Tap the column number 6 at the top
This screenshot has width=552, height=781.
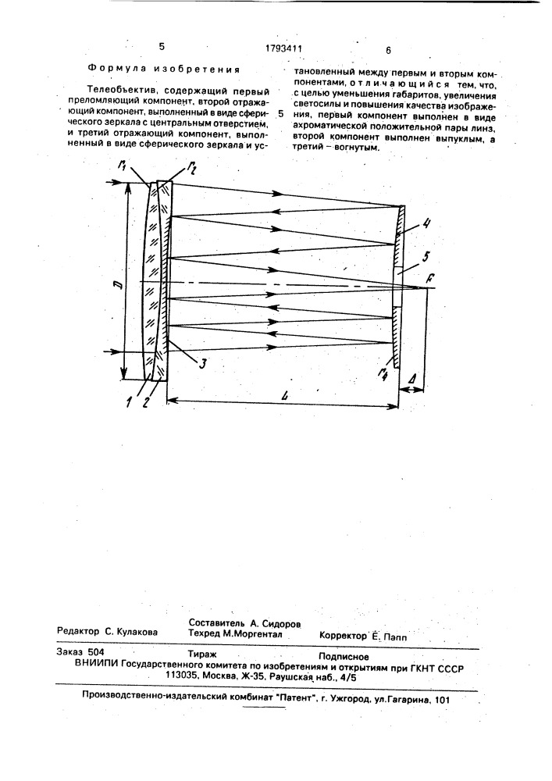click(x=387, y=49)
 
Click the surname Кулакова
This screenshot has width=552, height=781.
click(x=132, y=632)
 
